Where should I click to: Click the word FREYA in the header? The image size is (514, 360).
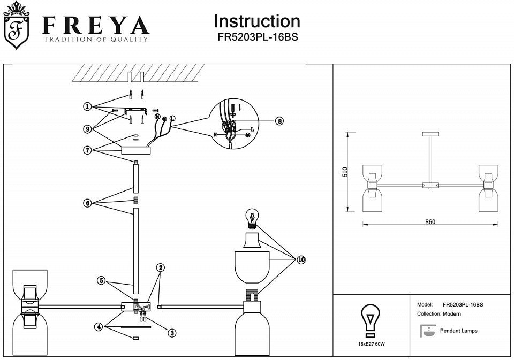click(95, 25)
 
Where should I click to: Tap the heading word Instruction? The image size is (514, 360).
click(256, 21)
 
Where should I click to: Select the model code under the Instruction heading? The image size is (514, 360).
click(256, 38)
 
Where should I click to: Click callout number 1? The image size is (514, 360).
click(87, 106)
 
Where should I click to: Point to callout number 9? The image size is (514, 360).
click(87, 128)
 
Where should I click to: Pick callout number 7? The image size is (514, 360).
click(87, 150)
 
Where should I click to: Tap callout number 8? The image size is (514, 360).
click(279, 121)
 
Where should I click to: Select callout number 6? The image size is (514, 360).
click(87, 203)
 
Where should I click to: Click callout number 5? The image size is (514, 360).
click(100, 280)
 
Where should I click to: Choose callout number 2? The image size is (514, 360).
click(160, 267)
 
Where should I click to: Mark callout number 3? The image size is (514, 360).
click(171, 333)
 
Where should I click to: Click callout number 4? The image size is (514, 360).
click(99, 326)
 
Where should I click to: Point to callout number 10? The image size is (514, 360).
click(301, 259)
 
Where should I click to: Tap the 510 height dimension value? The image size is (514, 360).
click(345, 173)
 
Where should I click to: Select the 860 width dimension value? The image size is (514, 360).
click(430, 222)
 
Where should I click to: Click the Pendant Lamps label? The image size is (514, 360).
click(458, 331)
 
